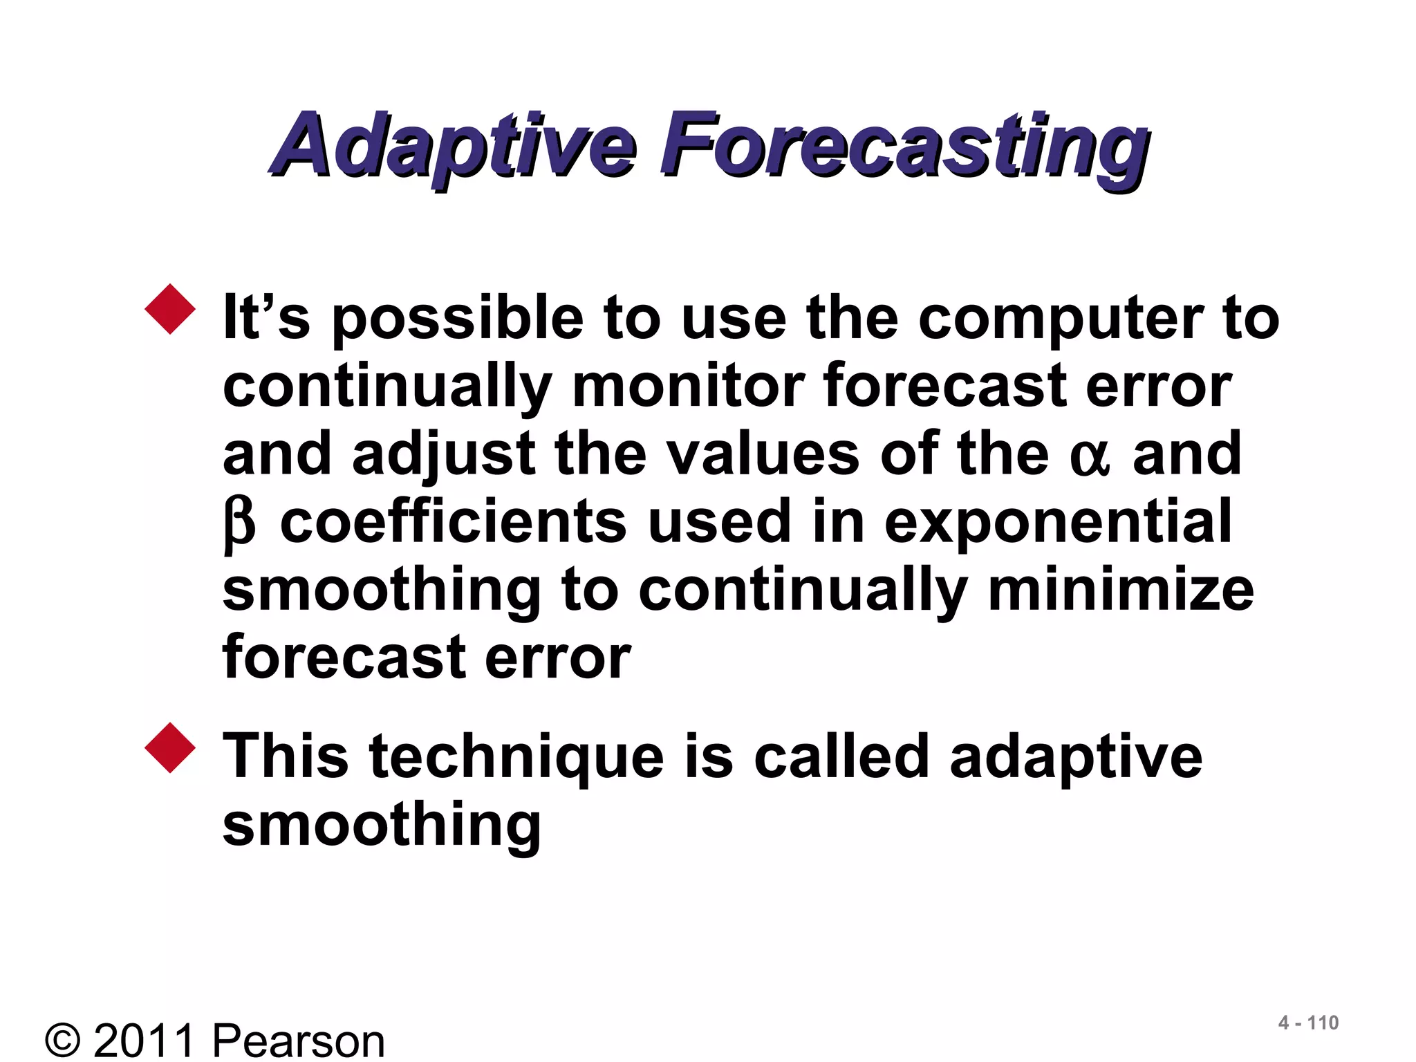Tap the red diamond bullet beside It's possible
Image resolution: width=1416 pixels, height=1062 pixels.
point(170,309)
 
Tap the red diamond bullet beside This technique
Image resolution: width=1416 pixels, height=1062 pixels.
point(170,747)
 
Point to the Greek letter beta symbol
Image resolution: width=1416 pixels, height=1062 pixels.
point(239,524)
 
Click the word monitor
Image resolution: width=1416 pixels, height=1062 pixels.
point(688,386)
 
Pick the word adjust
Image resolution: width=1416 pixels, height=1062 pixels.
point(443,456)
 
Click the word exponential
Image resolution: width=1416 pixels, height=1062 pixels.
point(1057,523)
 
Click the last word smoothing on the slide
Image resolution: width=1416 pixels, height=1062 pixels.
point(382,826)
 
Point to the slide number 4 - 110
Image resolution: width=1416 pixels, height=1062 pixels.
point(1307,1023)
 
